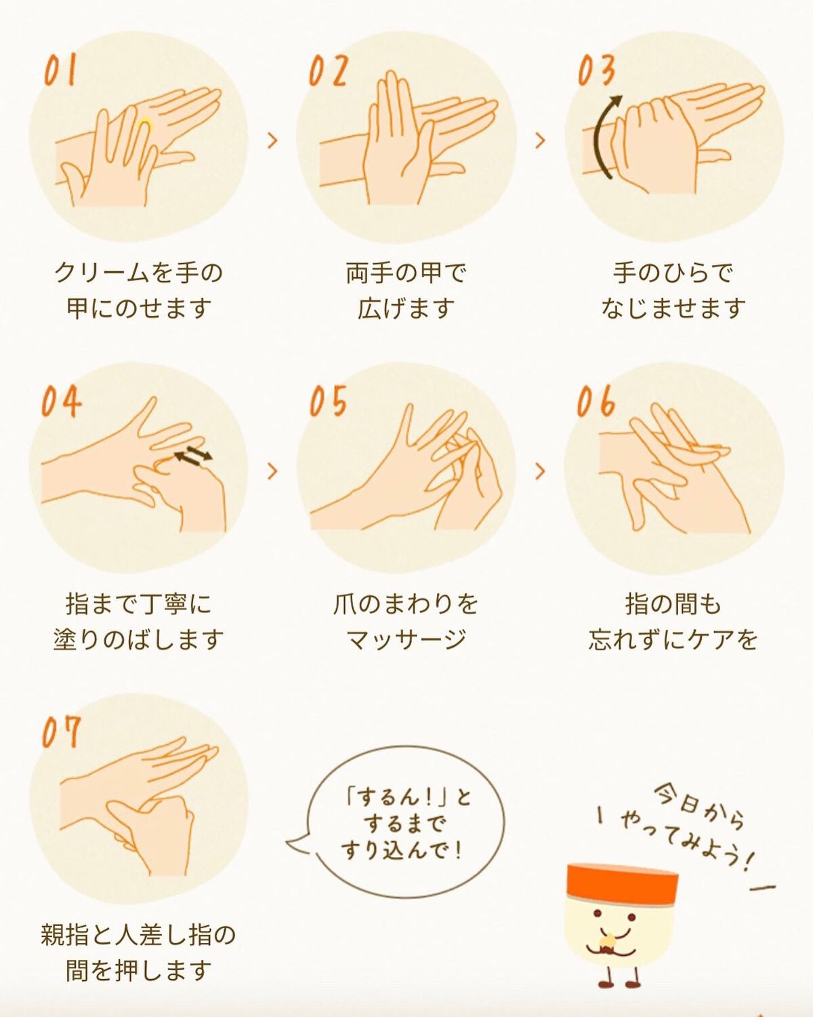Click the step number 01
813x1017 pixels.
[60, 71]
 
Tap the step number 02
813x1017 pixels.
[329, 71]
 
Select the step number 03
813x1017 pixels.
[596, 71]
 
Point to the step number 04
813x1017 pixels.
[61, 401]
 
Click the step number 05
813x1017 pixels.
[329, 401]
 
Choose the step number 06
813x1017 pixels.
[596, 401]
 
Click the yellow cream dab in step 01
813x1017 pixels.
[145, 123]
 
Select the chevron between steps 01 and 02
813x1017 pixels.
[272, 140]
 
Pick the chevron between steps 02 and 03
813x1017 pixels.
[540, 140]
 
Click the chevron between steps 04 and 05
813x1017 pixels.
[272, 471]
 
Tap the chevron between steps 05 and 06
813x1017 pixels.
[540, 471]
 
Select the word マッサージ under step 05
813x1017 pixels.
[406, 639]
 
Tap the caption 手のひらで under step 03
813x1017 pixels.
[673, 273]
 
